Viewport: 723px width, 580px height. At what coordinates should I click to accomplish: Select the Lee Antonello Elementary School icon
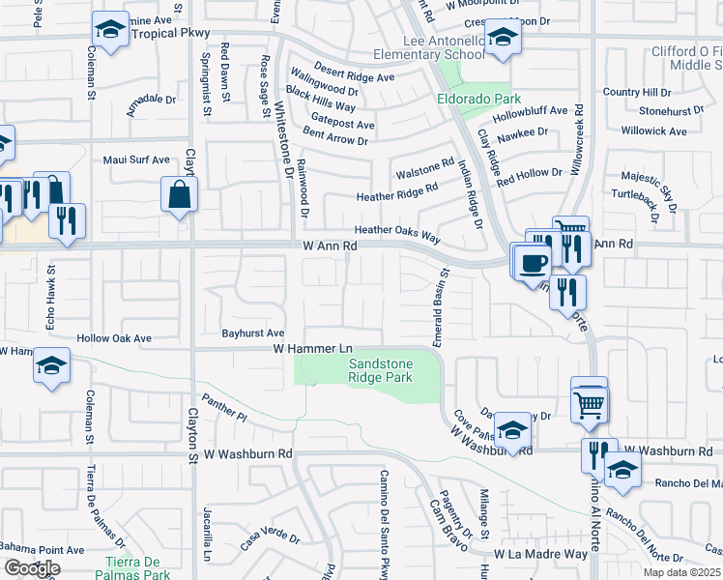coord(502,40)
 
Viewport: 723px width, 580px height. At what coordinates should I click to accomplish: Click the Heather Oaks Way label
coord(397,231)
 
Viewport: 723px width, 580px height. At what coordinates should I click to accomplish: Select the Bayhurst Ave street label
coord(252,332)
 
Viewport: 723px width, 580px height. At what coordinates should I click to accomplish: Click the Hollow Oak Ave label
coord(115,339)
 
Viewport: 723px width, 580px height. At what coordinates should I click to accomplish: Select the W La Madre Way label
coord(540,554)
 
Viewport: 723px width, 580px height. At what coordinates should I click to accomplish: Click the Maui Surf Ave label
coord(133,159)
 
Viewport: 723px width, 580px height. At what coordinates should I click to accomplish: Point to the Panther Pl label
coord(224,405)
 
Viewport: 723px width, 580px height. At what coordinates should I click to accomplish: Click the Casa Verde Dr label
coord(263,537)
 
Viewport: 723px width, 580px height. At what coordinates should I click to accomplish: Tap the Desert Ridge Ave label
coord(359,76)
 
